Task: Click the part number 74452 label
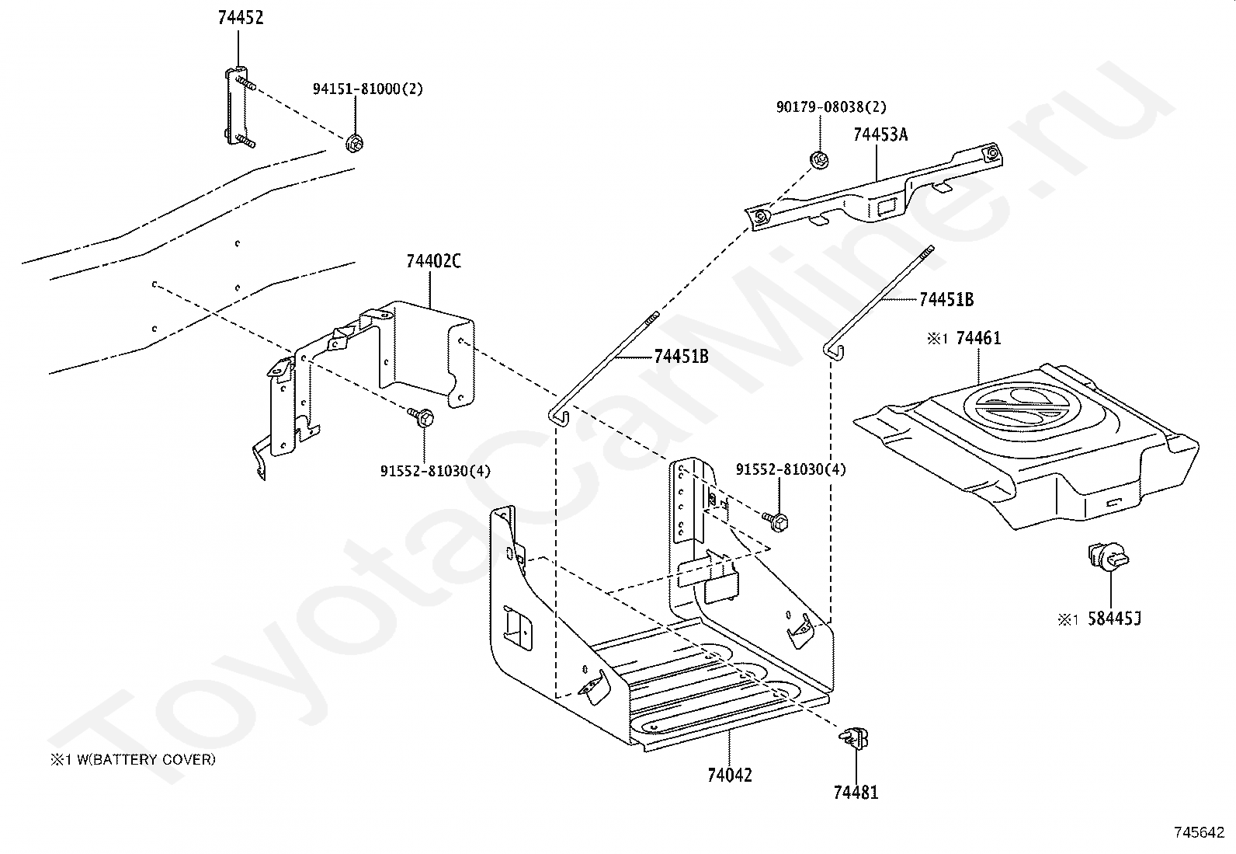240,18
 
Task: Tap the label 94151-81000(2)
368,89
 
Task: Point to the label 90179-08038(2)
831,107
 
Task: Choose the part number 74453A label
880,134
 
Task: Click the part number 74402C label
433,262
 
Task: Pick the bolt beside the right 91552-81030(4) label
776,518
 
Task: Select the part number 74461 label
978,338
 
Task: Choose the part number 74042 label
730,775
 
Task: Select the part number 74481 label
856,793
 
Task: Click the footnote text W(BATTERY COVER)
144,760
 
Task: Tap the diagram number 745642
1199,832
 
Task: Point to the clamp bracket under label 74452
238,106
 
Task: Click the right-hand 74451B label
946,300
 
